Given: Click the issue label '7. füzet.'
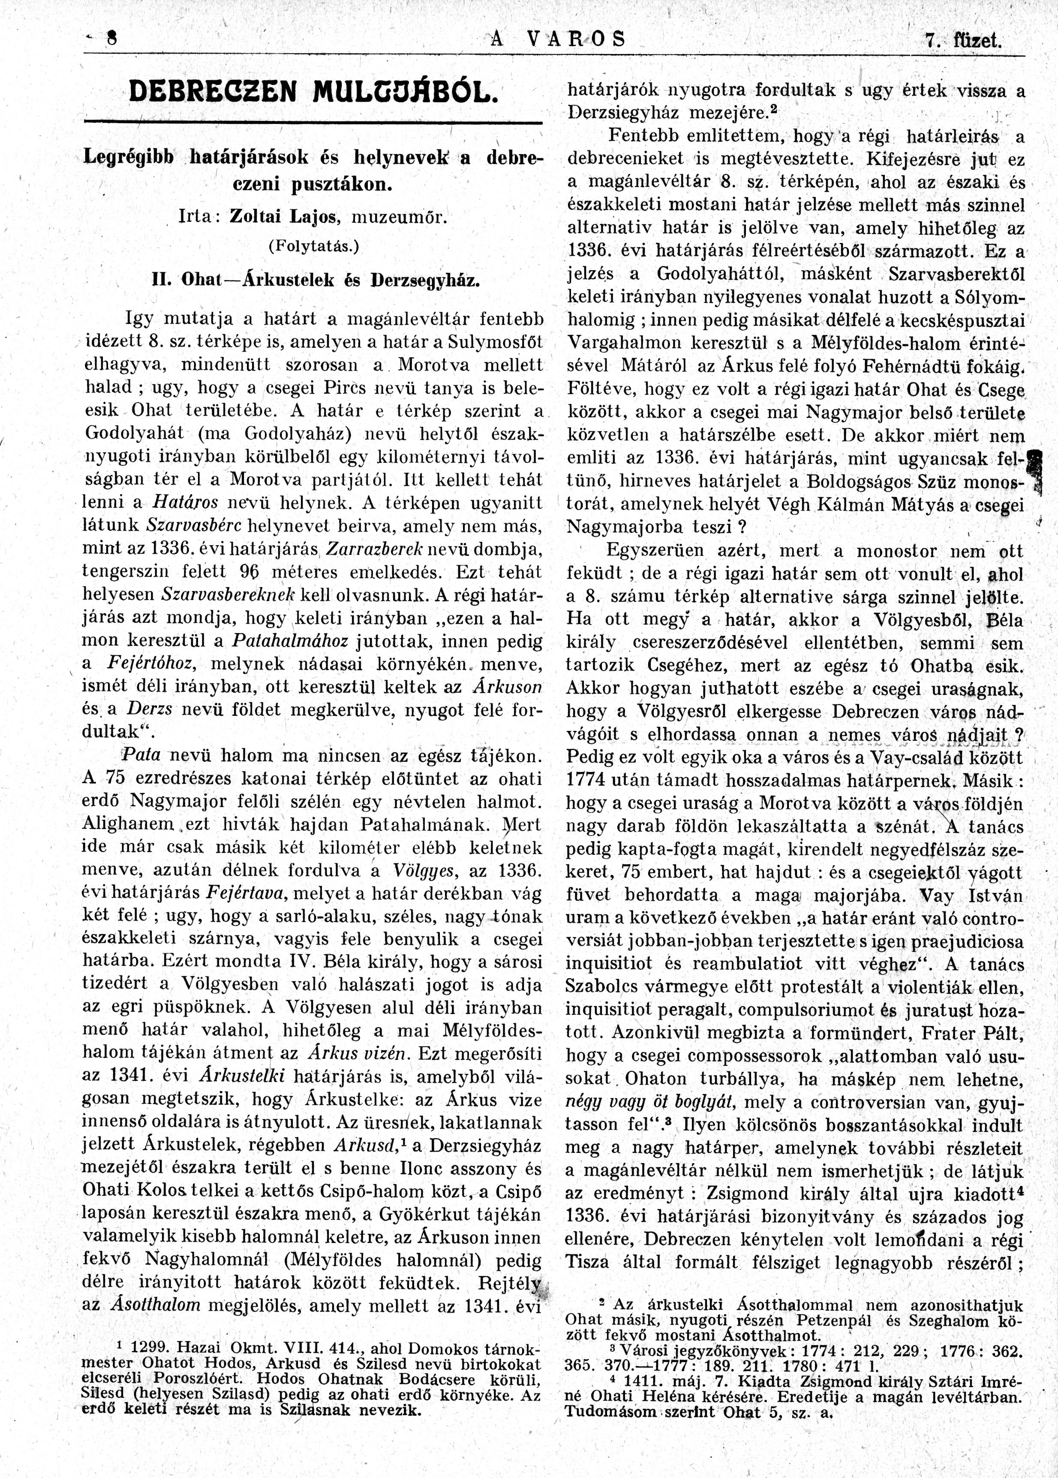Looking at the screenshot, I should (x=963, y=41).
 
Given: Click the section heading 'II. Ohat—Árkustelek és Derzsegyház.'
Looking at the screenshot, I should (x=313, y=280).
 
